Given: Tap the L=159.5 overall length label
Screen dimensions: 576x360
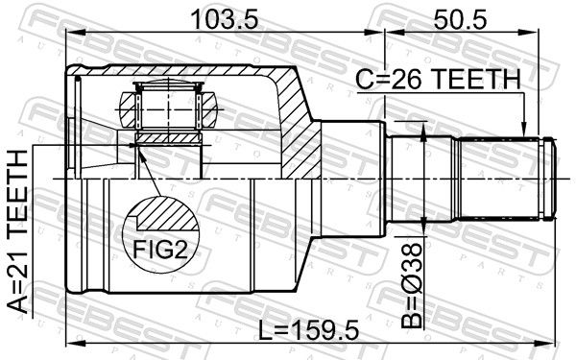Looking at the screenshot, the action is [308, 330].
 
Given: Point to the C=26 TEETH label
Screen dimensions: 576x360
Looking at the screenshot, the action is [439, 80].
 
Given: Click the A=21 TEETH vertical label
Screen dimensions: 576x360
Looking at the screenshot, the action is [18, 232].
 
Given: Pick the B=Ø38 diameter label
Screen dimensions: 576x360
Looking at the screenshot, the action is [412, 285].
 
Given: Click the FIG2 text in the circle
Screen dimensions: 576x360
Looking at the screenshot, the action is [160, 249].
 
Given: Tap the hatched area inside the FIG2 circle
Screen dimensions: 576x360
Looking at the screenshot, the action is [166, 214].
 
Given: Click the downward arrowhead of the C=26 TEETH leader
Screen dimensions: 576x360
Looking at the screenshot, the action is [524, 130].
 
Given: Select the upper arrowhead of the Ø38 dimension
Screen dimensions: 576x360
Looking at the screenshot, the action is [422, 132].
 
